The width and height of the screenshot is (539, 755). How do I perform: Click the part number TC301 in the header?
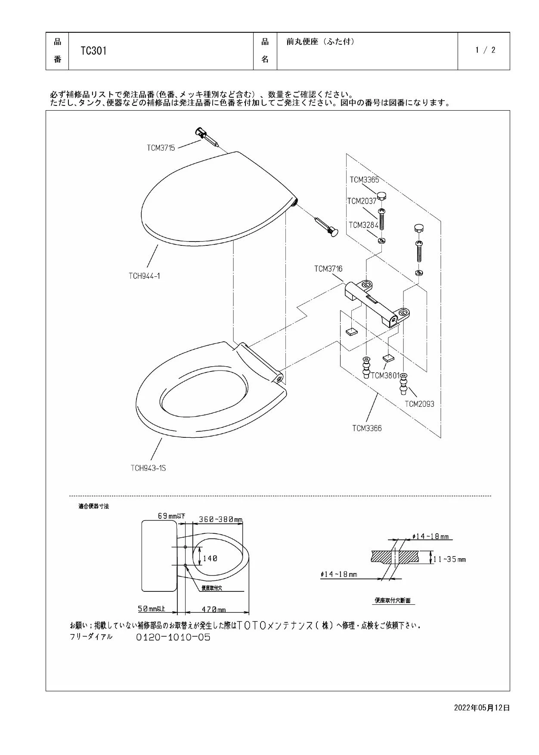tap(93, 51)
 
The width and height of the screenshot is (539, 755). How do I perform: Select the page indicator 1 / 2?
tap(485, 50)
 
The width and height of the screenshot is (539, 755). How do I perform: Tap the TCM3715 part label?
tap(161, 148)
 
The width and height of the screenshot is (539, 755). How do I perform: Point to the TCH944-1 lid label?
tap(144, 276)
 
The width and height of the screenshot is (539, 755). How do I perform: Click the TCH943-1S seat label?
tap(148, 468)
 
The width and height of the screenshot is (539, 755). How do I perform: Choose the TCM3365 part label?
tap(364, 180)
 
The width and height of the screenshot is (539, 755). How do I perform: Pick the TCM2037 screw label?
tap(362, 201)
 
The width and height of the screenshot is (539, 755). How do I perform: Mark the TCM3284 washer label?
tap(363, 225)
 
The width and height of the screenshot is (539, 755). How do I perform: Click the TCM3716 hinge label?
tap(328, 269)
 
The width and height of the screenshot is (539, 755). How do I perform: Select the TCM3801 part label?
tap(385, 375)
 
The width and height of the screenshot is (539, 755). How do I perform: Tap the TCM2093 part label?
tap(420, 404)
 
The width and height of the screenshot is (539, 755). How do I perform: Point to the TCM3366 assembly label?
tap(367, 428)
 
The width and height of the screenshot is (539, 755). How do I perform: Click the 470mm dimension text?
tap(214, 610)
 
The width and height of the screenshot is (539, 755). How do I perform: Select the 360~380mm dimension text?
tap(221, 520)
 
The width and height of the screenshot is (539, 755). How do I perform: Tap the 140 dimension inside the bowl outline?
tap(210, 558)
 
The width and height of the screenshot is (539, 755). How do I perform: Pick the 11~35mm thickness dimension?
tap(449, 560)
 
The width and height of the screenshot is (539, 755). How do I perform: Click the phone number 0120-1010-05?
tap(173, 637)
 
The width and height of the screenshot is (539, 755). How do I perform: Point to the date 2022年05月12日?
tap(482, 707)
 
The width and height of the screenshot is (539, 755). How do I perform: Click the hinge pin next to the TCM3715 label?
tap(209, 137)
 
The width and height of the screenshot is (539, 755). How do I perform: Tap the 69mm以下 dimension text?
tap(171, 516)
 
